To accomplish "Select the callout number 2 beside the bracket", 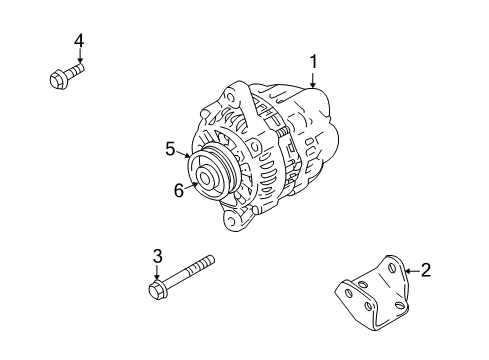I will click(x=426, y=268).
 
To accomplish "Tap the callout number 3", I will click(x=157, y=257).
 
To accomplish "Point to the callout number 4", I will click(x=78, y=40).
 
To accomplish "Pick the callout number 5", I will click(x=171, y=150).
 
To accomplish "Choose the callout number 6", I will click(x=179, y=190).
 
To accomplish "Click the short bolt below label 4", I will click(x=63, y=77).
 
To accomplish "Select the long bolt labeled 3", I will click(x=186, y=279).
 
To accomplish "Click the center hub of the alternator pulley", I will click(x=206, y=179).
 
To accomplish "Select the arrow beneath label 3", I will click(x=157, y=275).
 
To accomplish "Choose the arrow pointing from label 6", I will click(x=191, y=185).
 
